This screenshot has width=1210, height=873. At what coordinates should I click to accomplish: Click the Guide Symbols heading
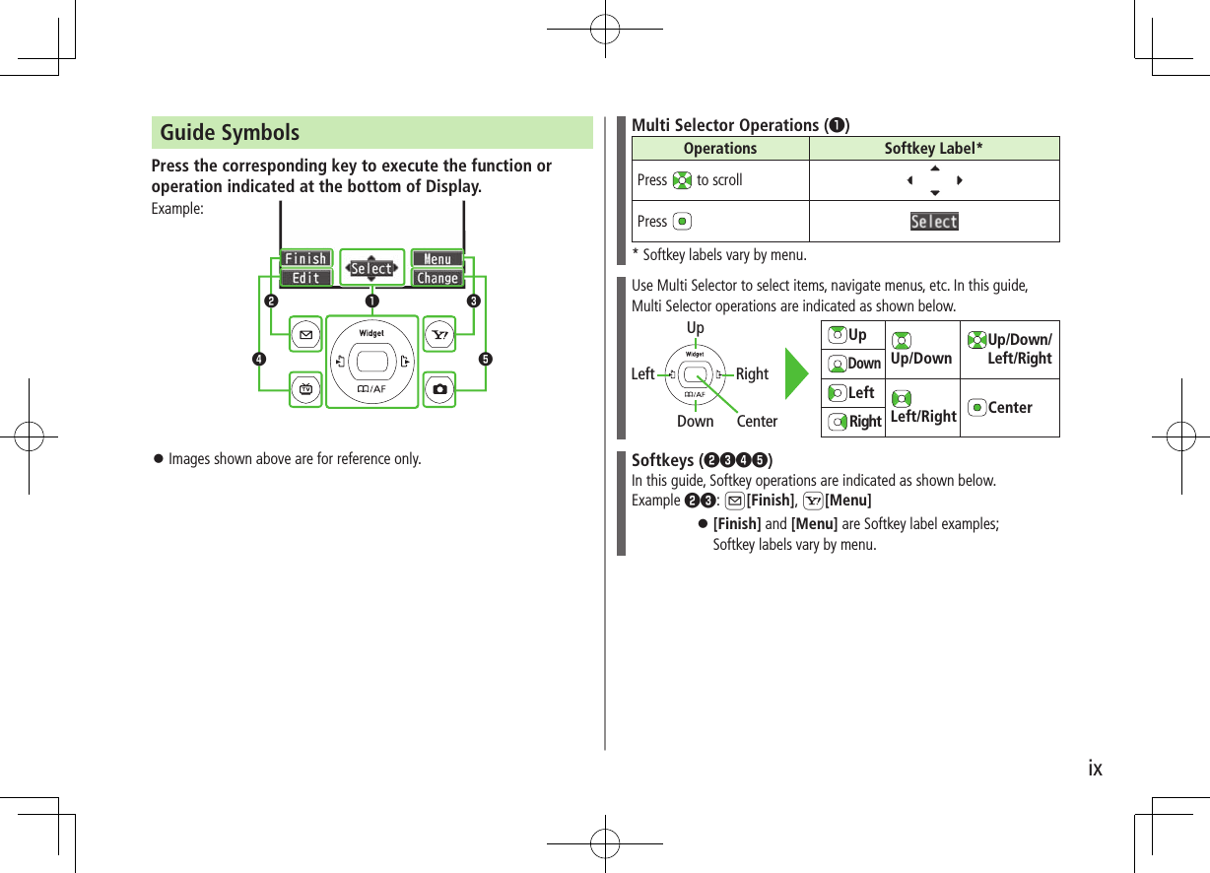click(x=230, y=133)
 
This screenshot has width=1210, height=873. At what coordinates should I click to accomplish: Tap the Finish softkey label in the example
click(x=305, y=259)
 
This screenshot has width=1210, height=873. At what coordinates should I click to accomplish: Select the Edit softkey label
click(x=305, y=279)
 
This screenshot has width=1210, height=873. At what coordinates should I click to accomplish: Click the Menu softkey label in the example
click(x=437, y=259)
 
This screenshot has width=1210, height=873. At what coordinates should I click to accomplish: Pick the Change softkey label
click(x=437, y=279)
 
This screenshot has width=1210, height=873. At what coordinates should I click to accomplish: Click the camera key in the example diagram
click(x=439, y=389)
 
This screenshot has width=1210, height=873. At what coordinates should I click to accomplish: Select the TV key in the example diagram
click(x=304, y=389)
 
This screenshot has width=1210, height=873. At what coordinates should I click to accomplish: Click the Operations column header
click(x=720, y=149)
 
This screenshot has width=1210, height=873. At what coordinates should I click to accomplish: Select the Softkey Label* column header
click(x=933, y=149)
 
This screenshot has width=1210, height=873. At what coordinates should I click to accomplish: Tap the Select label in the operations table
click(x=934, y=222)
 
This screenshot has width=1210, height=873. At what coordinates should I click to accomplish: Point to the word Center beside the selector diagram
click(x=757, y=422)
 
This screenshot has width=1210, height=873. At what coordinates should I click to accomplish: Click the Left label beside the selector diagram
click(x=642, y=374)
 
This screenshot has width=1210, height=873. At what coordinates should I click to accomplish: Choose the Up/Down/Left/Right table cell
click(x=1010, y=349)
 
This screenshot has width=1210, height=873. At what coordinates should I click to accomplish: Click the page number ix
click(x=1095, y=769)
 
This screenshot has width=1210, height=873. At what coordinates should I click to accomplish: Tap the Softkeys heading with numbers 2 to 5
click(x=702, y=460)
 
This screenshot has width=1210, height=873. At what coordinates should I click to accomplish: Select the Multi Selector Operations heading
click(x=740, y=125)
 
